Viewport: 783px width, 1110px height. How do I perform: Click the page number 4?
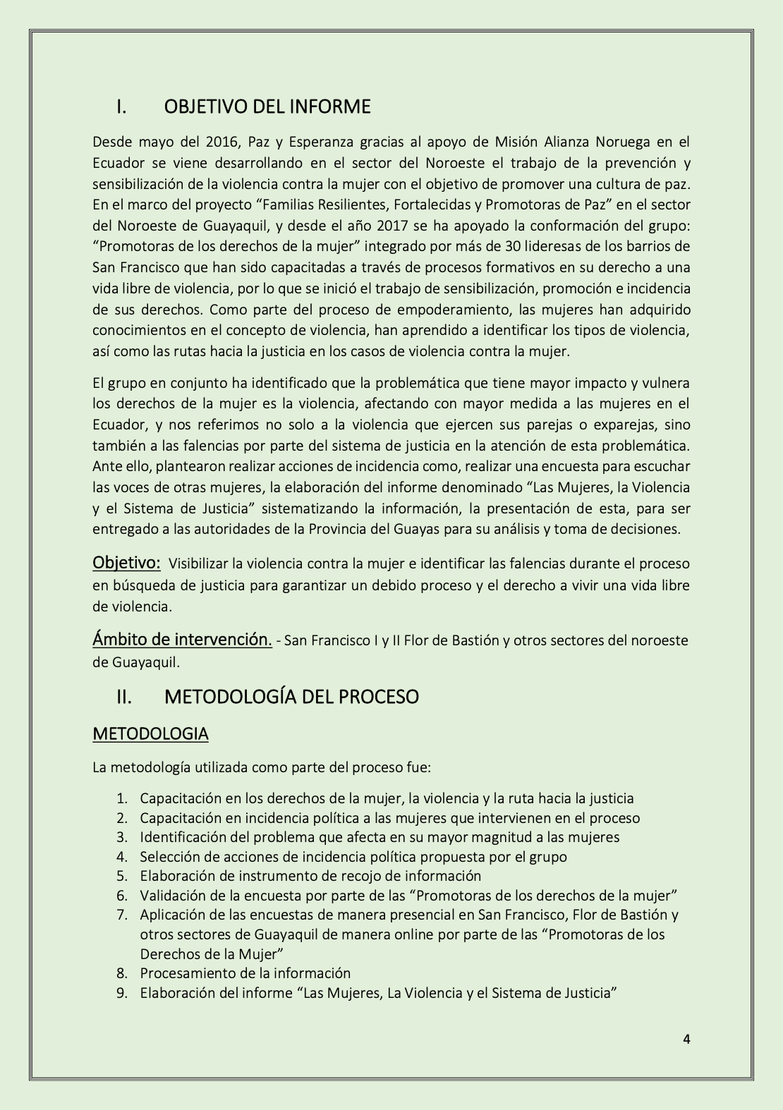point(686,1039)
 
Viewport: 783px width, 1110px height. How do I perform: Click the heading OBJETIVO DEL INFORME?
point(267,106)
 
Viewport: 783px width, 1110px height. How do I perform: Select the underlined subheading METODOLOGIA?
point(150,733)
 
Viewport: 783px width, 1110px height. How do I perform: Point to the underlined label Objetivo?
point(126,563)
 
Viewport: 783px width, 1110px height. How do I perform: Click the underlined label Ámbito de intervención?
point(182,640)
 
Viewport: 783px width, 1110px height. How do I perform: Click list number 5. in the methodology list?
point(122,876)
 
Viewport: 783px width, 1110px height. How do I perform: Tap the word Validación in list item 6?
point(170,896)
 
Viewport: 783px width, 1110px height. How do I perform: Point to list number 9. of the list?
point(122,993)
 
